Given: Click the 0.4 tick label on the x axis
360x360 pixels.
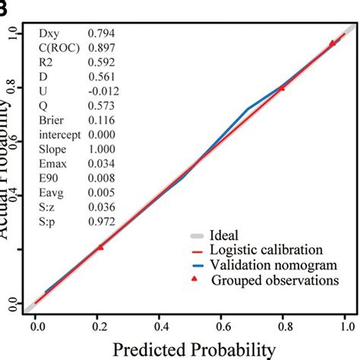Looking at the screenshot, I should (160, 327).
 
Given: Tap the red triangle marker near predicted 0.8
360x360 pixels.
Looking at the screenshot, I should (282, 88).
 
